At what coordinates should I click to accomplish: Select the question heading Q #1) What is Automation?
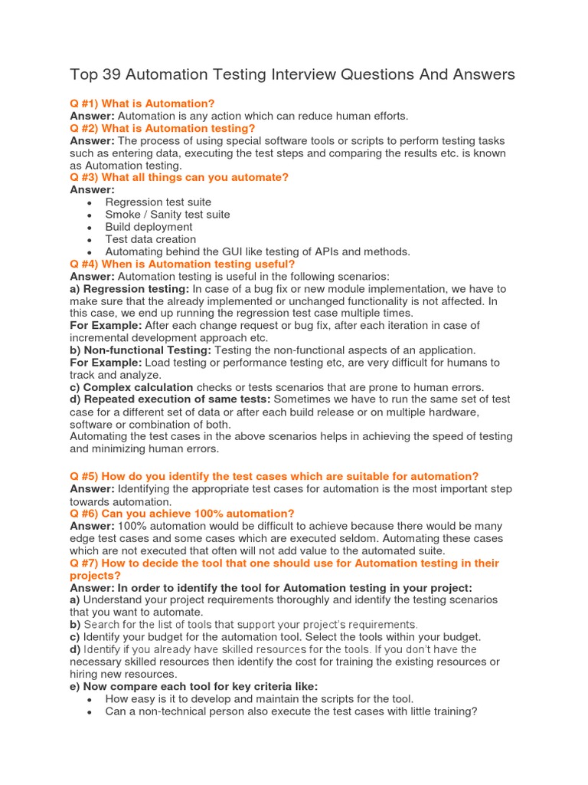coord(142,103)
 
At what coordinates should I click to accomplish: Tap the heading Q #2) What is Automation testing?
coord(162,128)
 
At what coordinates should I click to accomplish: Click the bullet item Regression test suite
coord(158,202)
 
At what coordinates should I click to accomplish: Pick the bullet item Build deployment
coord(149,227)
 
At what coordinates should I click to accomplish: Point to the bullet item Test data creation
coord(151,239)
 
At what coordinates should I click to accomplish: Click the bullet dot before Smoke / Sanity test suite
coord(90,215)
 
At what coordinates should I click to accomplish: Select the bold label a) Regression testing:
coord(129,289)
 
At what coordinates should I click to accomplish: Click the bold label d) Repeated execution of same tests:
coord(170,399)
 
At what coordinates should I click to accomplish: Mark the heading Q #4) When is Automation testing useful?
coord(182,264)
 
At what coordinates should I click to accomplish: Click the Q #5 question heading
coord(274,477)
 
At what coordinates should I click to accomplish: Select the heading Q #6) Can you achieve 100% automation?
coord(181,514)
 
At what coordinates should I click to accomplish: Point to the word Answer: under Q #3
coord(92,190)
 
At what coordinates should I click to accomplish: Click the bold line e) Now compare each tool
coord(193,686)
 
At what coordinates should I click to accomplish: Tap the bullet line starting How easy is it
coord(259,698)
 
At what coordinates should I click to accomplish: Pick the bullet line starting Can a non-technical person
coord(291,711)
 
